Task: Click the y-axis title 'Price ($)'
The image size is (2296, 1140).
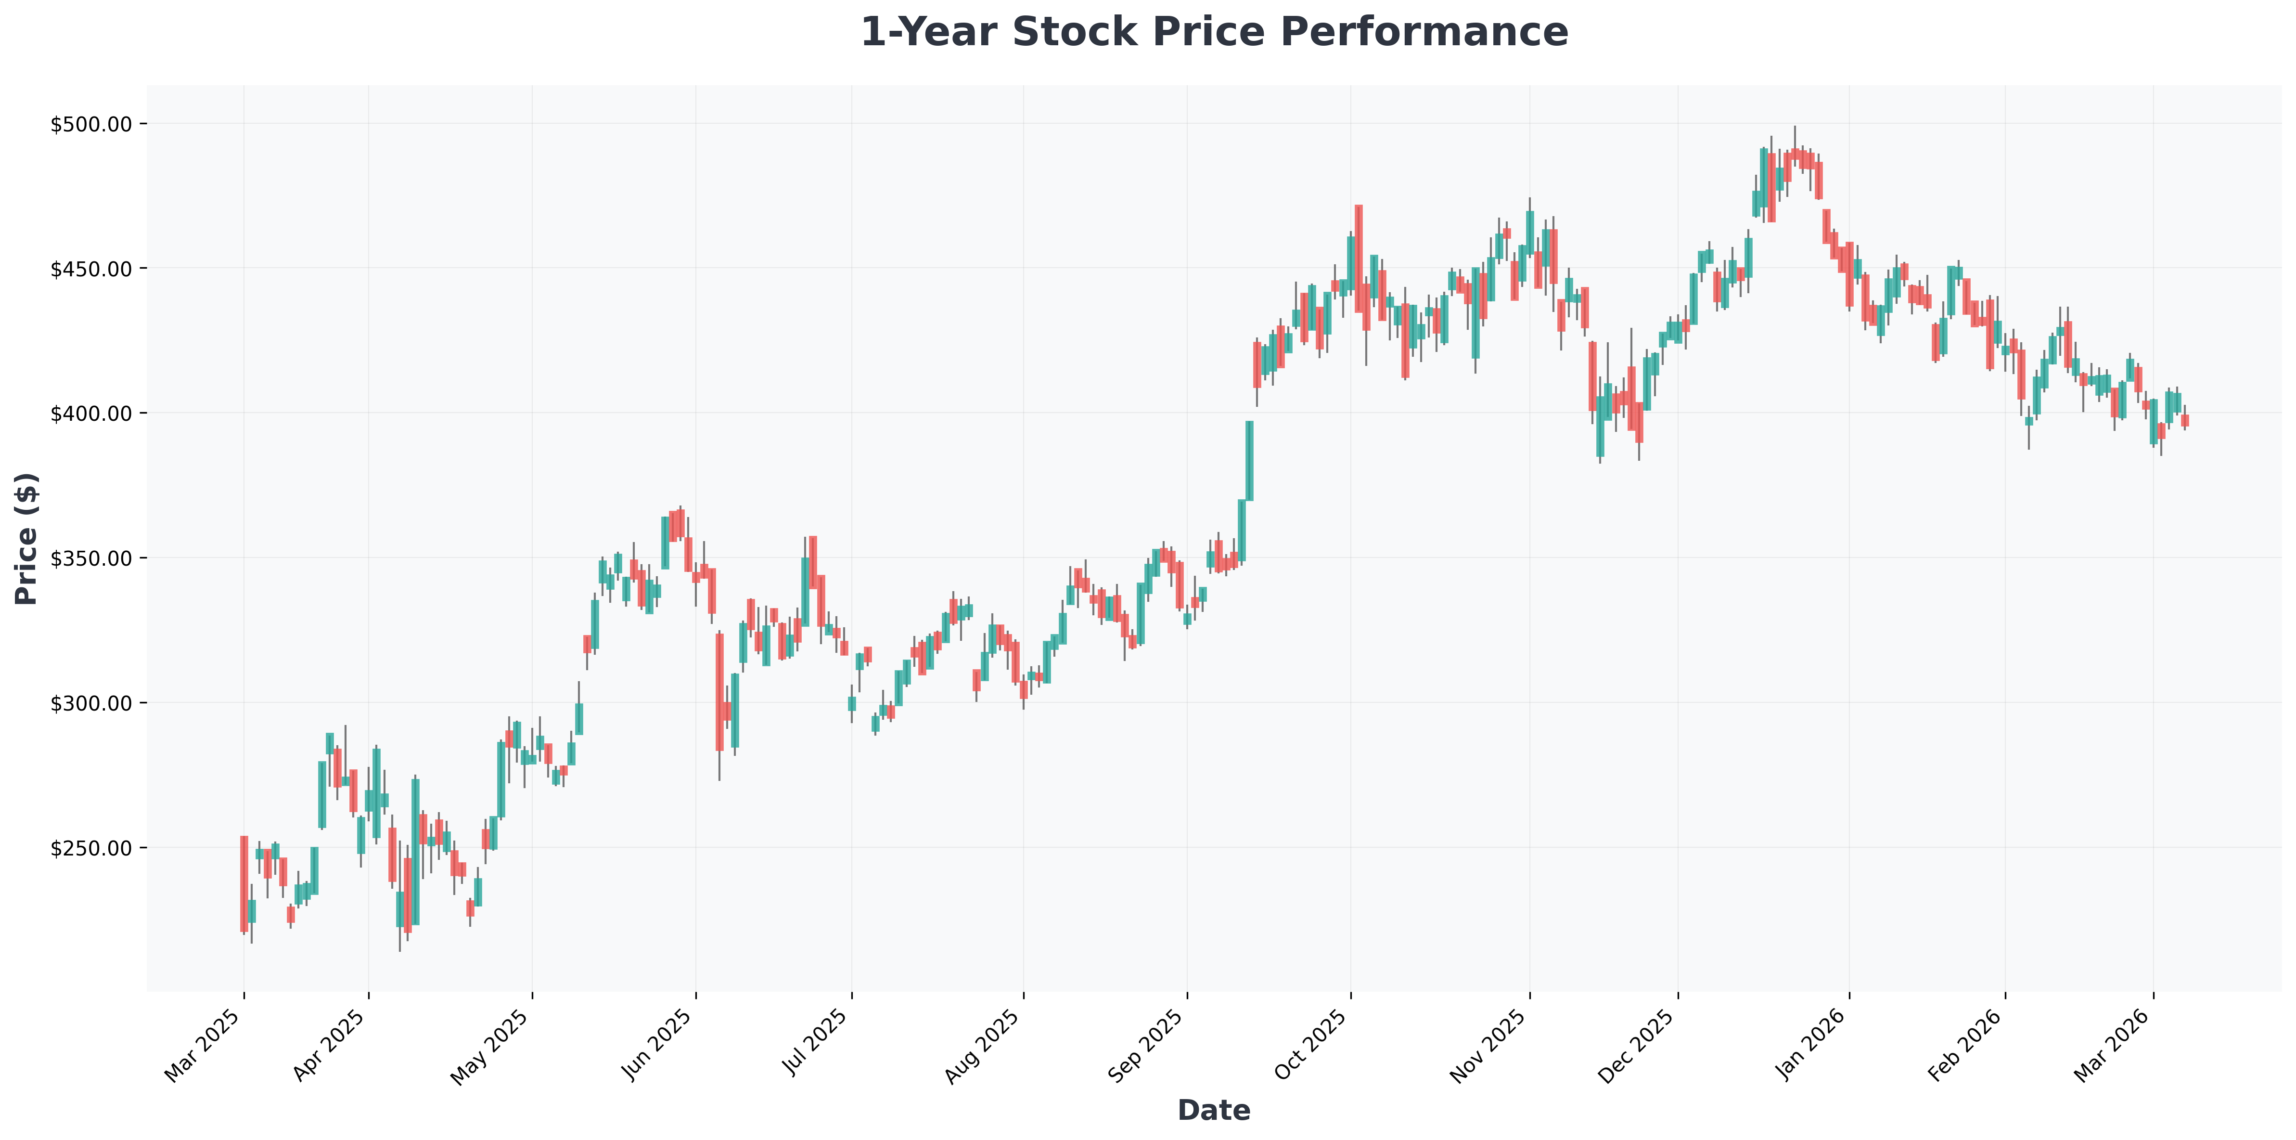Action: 27,538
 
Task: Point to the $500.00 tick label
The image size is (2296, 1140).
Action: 91,124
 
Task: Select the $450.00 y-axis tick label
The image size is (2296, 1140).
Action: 91,268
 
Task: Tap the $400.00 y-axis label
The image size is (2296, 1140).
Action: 91,414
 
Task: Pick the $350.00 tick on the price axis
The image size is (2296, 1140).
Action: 91,558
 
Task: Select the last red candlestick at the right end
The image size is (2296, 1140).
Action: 2184,421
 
